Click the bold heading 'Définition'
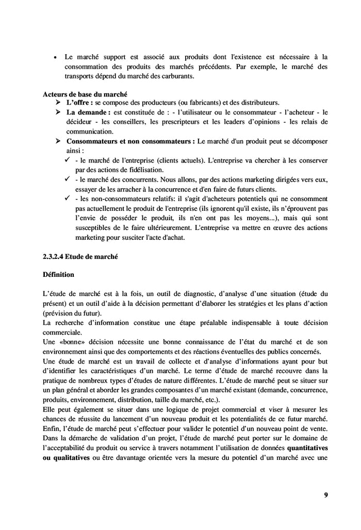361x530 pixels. (x=58, y=274)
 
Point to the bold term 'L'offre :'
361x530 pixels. (x=78, y=103)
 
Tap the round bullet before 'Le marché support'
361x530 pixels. (x=55, y=57)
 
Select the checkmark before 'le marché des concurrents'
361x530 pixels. (x=68, y=178)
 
